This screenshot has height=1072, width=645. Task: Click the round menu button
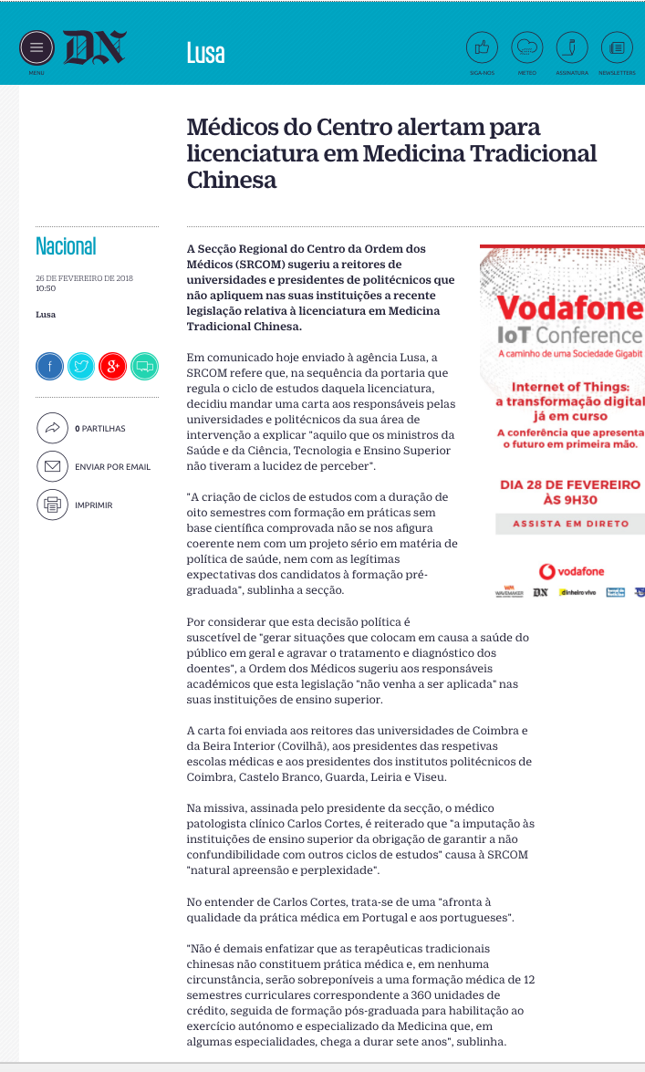coord(36,47)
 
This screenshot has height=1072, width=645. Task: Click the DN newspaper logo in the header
coord(94,47)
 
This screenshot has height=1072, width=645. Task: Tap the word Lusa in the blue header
coord(205,53)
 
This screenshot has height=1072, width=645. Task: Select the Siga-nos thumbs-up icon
coord(482,47)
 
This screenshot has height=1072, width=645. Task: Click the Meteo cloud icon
coord(526,47)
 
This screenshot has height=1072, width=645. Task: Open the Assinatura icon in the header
coord(572,47)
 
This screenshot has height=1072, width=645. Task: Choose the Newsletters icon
coord(618,47)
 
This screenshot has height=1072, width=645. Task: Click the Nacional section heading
coord(66,246)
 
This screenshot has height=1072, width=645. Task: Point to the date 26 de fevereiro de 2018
coord(85,277)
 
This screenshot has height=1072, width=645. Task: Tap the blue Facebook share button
coord(50,366)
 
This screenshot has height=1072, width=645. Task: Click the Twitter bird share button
coord(81,366)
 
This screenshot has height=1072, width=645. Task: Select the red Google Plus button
coord(112,366)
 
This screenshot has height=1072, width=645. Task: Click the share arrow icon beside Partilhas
coord(52,428)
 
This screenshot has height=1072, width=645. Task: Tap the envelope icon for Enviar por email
coord(52,466)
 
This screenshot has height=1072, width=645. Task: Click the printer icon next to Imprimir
coord(52,505)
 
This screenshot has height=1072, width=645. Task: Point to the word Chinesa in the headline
coord(232,180)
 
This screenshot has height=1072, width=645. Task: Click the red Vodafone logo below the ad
coord(571,571)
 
